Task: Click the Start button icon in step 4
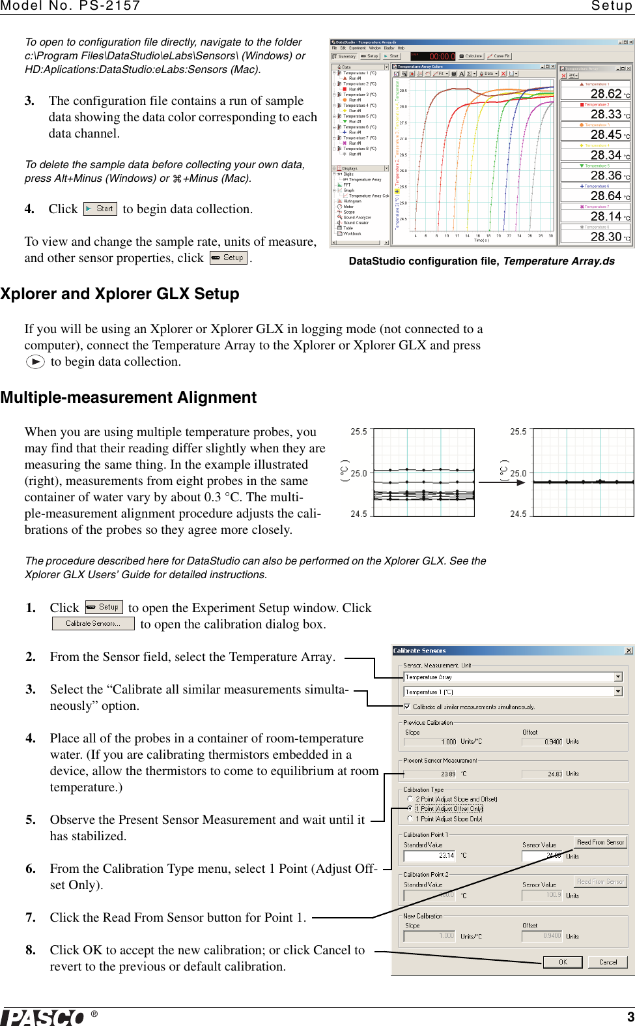tap(100, 209)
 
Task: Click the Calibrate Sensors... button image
tap(93, 624)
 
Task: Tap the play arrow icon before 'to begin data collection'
tap(35, 362)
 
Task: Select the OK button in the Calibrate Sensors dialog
tap(563, 962)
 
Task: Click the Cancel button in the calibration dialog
tap(608, 962)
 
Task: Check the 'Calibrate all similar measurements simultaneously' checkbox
tap(407, 707)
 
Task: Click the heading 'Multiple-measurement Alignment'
tap(128, 398)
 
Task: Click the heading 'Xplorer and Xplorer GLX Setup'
tap(120, 294)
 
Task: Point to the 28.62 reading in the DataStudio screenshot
tap(606, 94)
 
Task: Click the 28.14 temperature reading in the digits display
tap(606, 216)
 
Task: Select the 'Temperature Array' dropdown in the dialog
tap(513, 677)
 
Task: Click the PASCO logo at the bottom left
tap(43, 1017)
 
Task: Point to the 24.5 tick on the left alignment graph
tap(359, 514)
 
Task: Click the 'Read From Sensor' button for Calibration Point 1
tap(600, 842)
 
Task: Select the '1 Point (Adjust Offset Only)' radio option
tap(410, 808)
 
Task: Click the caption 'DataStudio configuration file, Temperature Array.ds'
tap(481, 261)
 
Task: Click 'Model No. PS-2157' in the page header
tap(70, 6)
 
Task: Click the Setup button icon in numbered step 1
tap(104, 607)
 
